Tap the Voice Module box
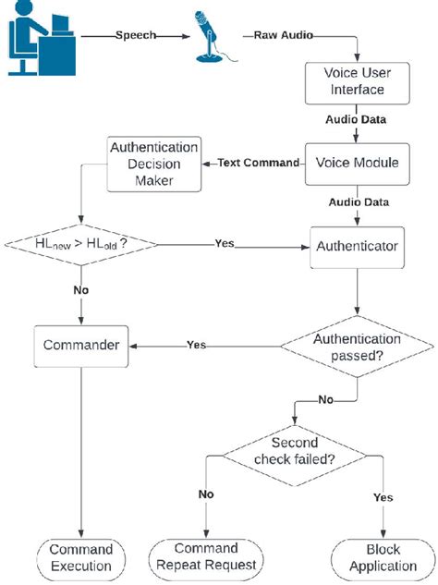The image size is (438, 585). point(357,163)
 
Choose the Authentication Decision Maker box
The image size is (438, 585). point(154,163)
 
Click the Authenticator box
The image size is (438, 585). point(357,247)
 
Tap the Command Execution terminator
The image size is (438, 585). point(80,556)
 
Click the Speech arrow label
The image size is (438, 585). point(136,35)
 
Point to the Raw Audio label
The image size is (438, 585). point(278,35)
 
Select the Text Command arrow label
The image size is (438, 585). point(260,163)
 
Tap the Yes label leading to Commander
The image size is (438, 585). point(197,345)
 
